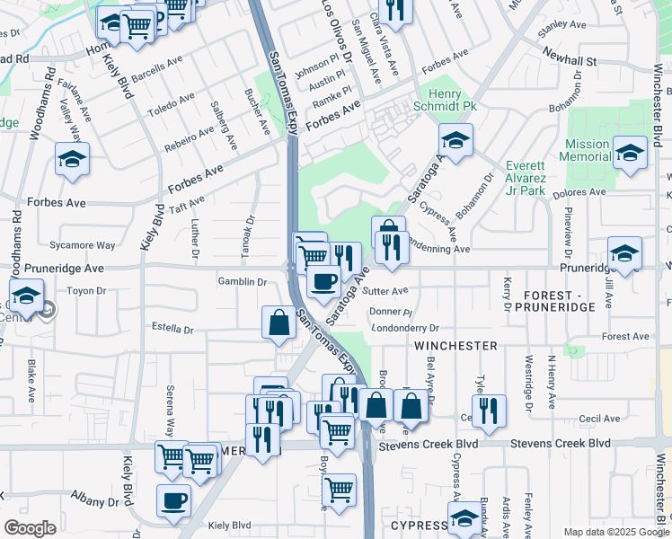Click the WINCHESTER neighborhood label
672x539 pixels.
click(455, 346)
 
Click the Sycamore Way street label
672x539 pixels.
click(83, 245)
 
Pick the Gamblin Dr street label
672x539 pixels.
click(242, 282)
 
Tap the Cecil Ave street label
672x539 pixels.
click(599, 419)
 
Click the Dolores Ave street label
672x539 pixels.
click(581, 191)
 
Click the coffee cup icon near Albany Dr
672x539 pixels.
click(173, 499)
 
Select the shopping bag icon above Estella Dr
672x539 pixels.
click(279, 322)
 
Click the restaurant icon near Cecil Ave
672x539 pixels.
click(489, 410)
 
